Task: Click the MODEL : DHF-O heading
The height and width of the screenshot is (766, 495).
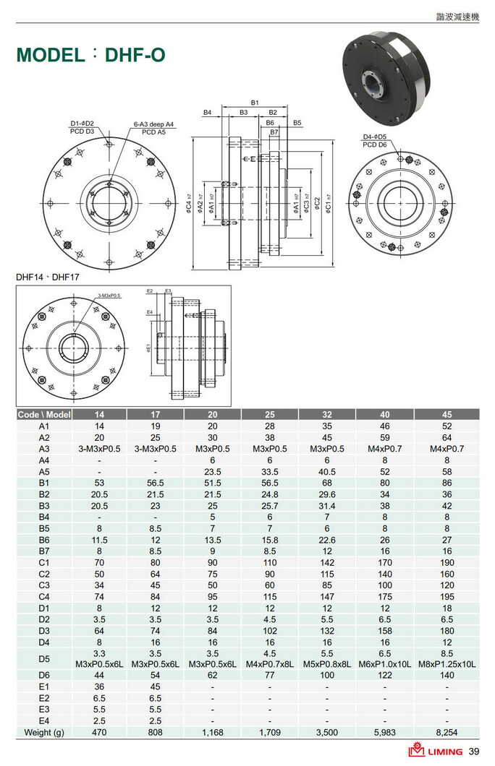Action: tap(91, 56)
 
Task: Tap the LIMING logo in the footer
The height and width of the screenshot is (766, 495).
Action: tap(436, 752)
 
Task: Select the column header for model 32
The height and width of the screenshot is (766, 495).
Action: tap(327, 414)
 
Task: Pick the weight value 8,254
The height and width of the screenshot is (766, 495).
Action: tap(447, 732)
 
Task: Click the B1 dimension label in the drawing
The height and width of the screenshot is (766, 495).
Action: tap(255, 103)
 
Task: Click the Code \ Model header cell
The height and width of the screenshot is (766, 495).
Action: tap(44, 414)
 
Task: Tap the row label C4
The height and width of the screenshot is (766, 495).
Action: tap(44, 597)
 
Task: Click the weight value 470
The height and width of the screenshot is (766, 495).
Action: tap(99, 732)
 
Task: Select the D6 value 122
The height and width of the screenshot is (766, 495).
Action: tap(384, 674)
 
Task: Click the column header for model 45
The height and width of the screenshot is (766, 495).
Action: tap(447, 414)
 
